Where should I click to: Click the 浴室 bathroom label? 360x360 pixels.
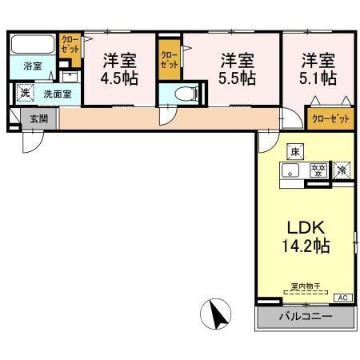pyautogui.click(x=32, y=66)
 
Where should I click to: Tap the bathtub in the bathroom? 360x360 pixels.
pyautogui.click(x=33, y=46)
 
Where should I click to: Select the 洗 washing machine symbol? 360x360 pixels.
pyautogui.click(x=25, y=93)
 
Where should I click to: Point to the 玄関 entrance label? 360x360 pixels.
pyautogui.click(x=39, y=119)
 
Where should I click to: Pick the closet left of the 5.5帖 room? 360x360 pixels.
pyautogui.click(x=169, y=61)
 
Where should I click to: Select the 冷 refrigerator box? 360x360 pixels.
pyautogui.click(x=342, y=170)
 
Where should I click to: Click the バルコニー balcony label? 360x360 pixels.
pyautogui.click(x=304, y=318)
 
